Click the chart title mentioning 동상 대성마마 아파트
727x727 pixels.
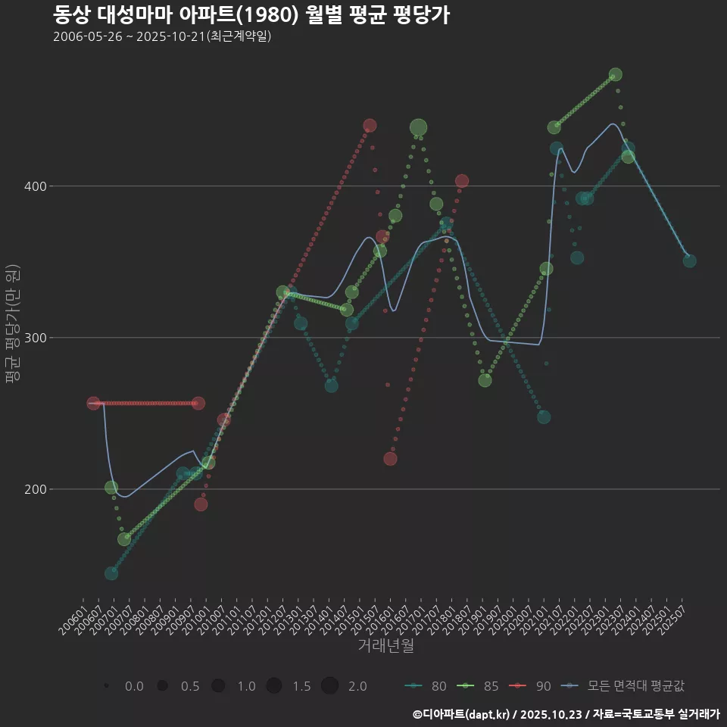point(251,14)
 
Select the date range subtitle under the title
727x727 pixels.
point(162,37)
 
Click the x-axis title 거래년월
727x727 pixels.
point(385,646)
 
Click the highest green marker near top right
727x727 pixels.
point(616,74)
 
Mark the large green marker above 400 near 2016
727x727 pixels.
point(418,128)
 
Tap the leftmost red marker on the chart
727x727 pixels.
point(93,404)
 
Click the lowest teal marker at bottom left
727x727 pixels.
point(111,573)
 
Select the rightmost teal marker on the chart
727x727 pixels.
point(689,261)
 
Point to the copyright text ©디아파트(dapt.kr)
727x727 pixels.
point(463,714)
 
